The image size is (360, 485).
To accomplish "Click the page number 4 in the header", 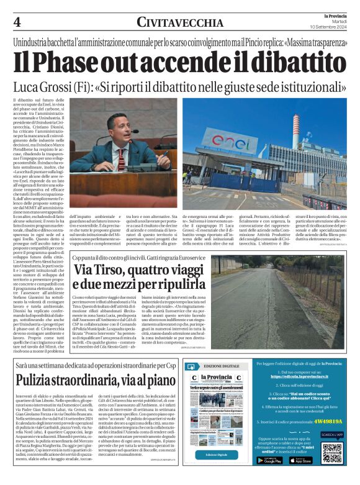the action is coord(17,22).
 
